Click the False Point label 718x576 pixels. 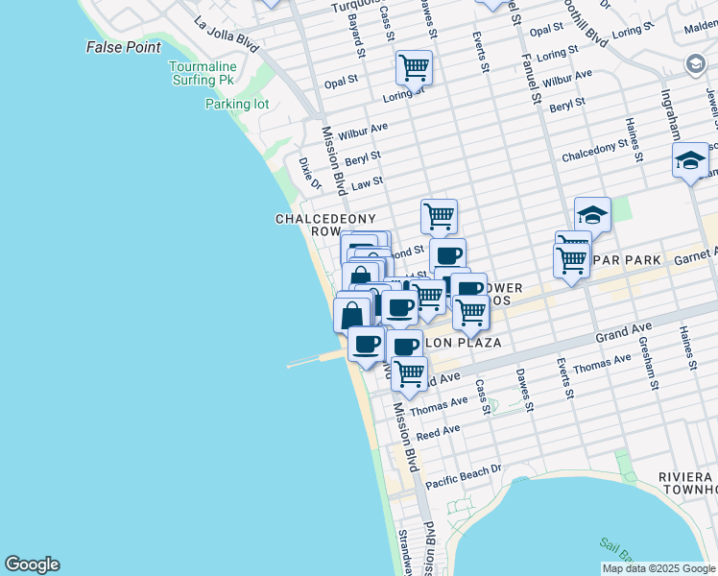point(123,46)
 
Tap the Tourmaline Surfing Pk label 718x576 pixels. point(202,73)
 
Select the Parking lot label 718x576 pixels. point(236,104)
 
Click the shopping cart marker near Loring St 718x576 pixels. point(414,68)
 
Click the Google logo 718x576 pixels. point(32,564)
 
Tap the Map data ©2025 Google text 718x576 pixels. point(658,568)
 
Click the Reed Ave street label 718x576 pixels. point(438,433)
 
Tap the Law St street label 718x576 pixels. point(367,181)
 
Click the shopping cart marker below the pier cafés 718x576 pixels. point(410,373)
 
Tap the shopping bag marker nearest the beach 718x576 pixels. point(352,315)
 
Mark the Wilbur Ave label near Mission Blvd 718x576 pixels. point(362,129)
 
